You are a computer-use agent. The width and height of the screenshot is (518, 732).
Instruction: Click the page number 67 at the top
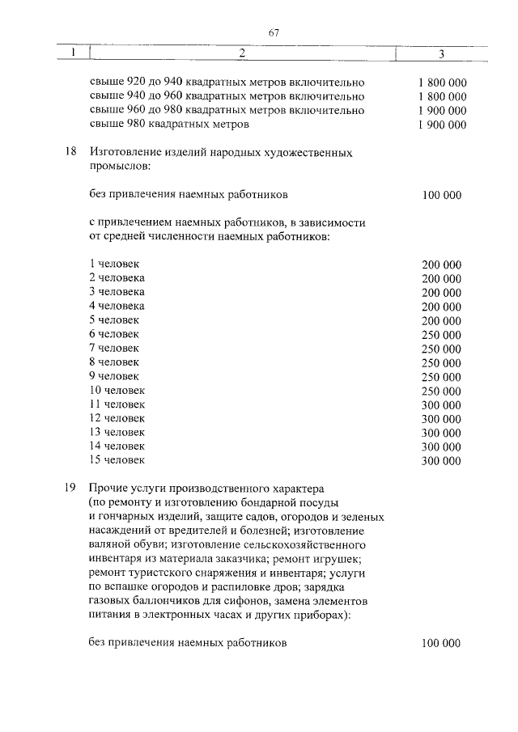(273, 32)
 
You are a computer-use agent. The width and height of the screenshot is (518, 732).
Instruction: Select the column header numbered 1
(73, 53)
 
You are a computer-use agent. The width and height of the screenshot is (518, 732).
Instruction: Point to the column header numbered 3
(441, 54)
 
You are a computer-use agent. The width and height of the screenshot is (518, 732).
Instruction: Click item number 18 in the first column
(70, 152)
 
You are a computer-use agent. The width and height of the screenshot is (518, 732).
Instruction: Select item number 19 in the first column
(70, 489)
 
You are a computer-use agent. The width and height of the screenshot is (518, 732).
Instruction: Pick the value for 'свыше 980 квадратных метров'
(442, 125)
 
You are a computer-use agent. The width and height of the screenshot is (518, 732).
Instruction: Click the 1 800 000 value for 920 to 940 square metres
(442, 83)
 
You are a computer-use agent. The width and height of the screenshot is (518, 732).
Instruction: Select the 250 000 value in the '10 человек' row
(442, 391)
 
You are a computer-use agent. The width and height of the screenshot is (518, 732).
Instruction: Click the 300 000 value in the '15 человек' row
(442, 461)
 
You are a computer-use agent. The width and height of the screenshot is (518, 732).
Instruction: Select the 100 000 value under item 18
(442, 195)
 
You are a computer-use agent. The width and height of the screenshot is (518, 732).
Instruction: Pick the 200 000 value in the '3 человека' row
(442, 292)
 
